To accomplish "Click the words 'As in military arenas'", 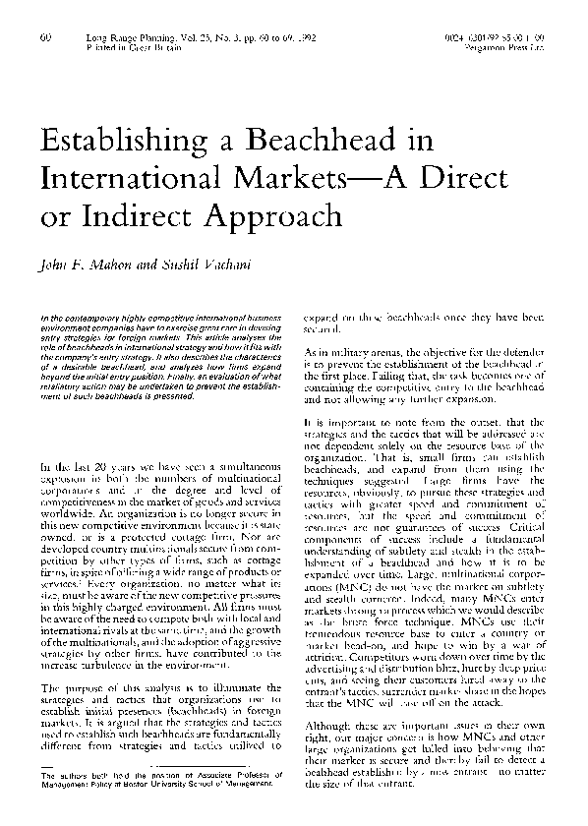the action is pyautogui.click(x=352, y=351).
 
